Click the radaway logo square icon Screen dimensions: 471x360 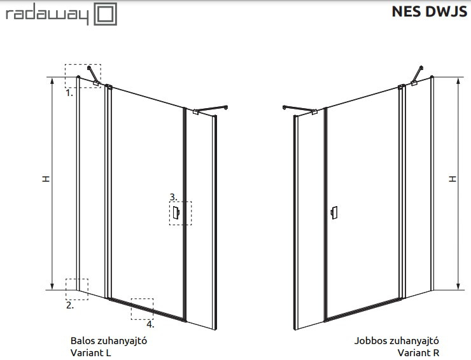106,14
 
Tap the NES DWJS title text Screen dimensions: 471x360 430,11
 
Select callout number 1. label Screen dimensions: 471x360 69,93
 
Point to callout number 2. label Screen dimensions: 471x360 70,306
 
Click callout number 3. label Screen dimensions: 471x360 174,197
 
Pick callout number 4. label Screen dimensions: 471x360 150,324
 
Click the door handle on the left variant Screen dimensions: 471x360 176,213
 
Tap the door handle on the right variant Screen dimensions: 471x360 334,213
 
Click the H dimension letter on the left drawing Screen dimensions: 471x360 46,179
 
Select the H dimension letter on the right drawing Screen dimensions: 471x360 453,179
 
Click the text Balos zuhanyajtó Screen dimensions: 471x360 109,341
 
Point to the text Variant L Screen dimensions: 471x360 91,352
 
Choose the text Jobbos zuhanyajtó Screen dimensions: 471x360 397,341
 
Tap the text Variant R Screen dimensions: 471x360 418,352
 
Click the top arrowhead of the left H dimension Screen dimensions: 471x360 52,81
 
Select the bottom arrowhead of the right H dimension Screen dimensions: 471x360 458,286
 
